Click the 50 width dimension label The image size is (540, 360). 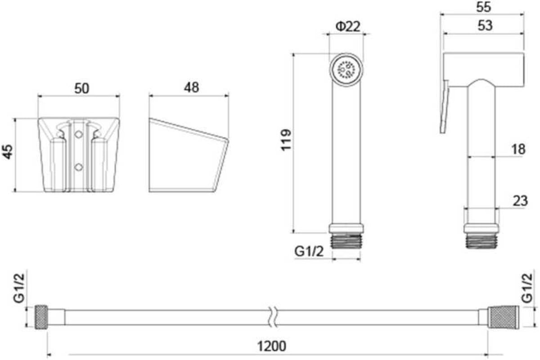tap(82, 88)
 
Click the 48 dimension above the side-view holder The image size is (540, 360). tap(192, 87)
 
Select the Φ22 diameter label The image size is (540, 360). tap(348, 27)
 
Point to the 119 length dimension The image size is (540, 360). tap(286, 140)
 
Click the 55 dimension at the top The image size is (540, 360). tap(484, 7)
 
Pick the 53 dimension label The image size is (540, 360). tap(485, 26)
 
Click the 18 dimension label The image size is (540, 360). tap(518, 149)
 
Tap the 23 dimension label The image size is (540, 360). tap(520, 201)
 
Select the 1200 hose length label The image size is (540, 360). tap(272, 346)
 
